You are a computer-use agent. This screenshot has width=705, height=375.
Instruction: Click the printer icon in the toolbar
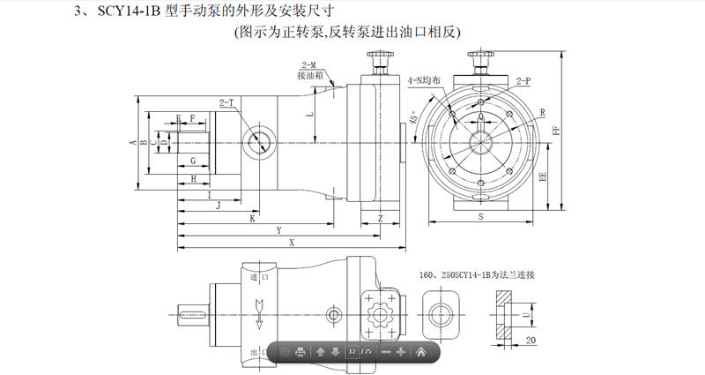click(301, 352)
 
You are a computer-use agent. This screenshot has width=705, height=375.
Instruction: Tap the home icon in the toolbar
click(421, 352)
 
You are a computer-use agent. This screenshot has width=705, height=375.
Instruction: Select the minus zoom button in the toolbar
click(385, 352)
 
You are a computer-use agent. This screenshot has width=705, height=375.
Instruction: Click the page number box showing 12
click(352, 352)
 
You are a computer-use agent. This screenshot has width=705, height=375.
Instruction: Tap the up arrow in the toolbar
click(321, 352)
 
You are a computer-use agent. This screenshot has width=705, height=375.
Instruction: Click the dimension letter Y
click(278, 229)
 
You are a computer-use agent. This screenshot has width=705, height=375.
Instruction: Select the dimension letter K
click(252, 217)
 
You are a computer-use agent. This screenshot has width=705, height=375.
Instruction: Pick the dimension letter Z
click(379, 217)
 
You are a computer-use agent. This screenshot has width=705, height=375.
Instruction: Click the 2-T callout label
click(226, 103)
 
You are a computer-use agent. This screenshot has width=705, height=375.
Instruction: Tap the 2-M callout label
click(309, 66)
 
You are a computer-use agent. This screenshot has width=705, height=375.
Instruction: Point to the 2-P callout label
click(523, 81)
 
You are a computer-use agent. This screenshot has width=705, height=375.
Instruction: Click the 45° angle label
click(413, 117)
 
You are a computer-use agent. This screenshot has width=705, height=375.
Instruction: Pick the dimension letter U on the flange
click(526, 311)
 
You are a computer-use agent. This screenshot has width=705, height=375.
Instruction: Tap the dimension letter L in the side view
click(308, 114)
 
